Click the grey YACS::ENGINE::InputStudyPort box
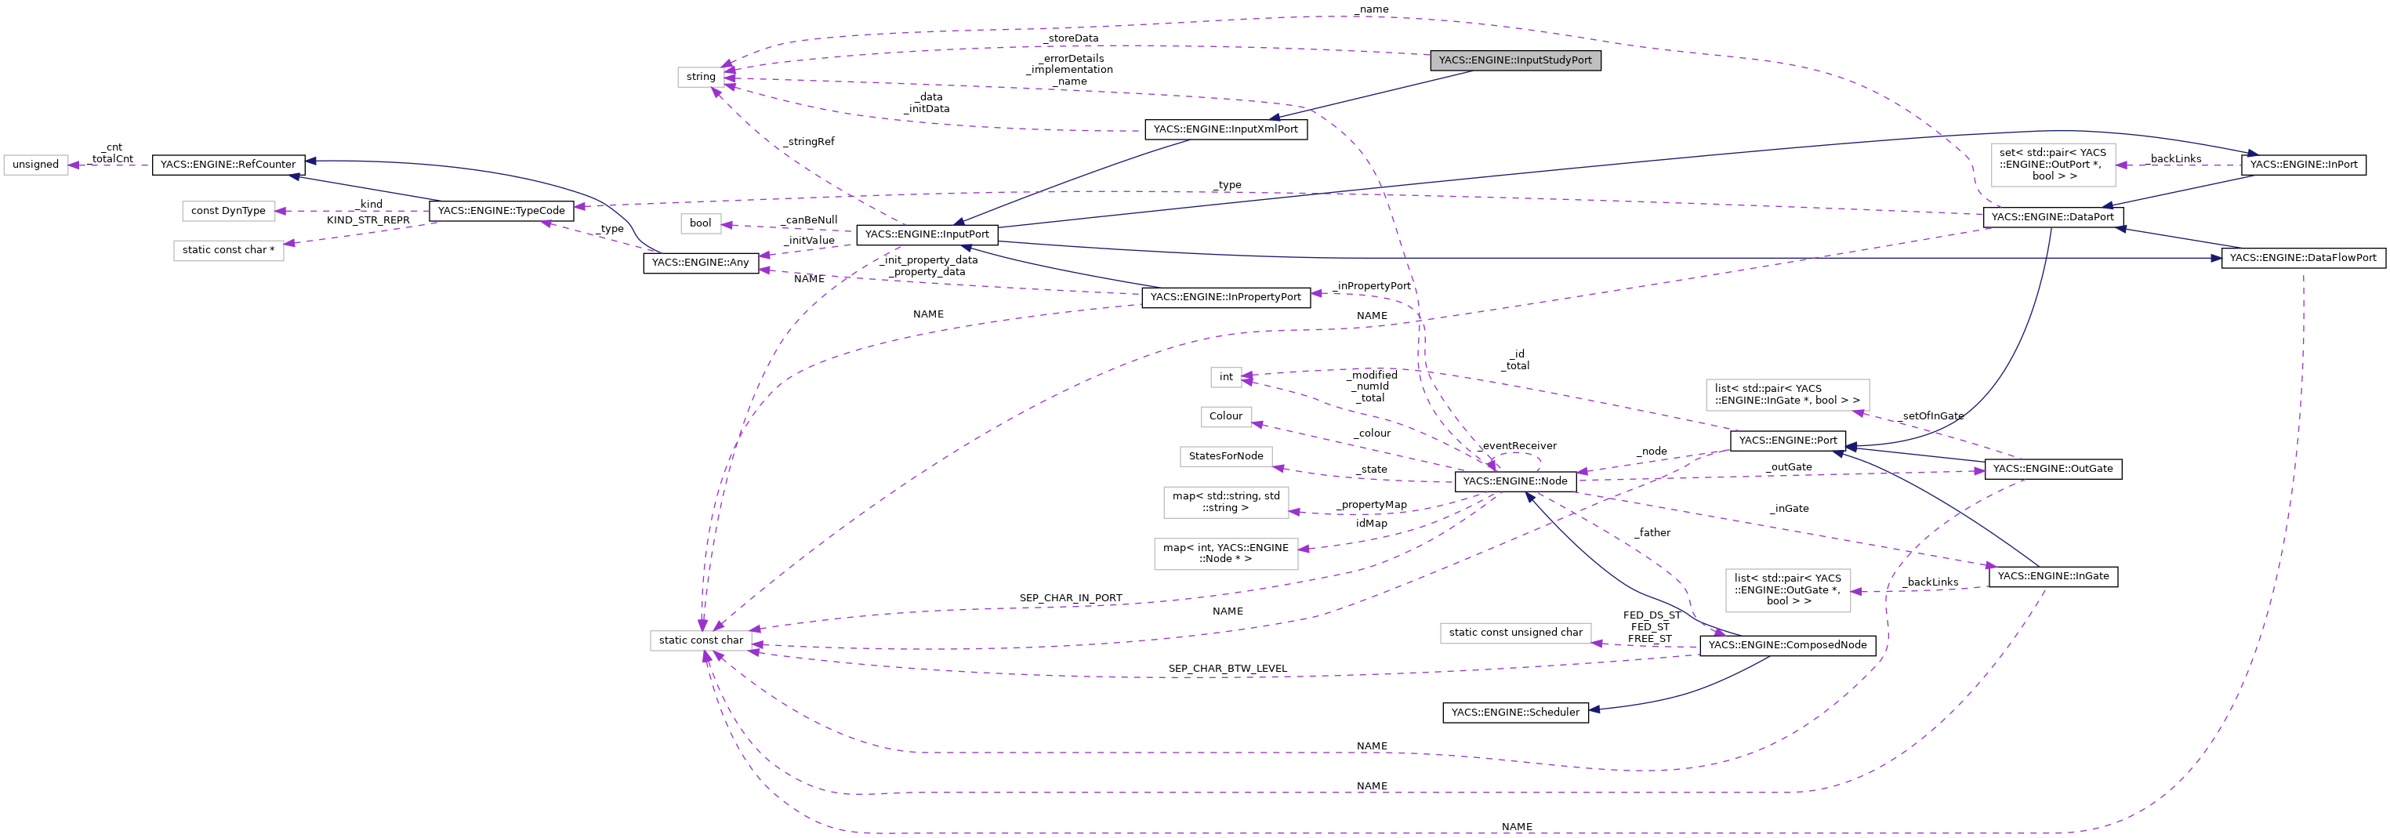tap(1514, 60)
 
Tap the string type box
tap(701, 77)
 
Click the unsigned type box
tap(35, 165)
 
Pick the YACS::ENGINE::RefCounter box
tap(227, 165)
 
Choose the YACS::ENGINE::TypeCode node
tap(501, 211)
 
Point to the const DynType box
tap(227, 211)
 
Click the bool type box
tap(701, 223)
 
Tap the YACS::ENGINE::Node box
tap(1514, 481)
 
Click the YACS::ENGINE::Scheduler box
tap(1514, 712)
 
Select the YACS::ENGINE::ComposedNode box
tap(1787, 645)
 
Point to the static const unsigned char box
tap(1514, 632)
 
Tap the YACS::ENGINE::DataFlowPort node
tap(2302, 257)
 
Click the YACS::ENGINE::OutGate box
tap(2052, 469)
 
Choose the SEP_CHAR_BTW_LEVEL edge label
tap(1227, 668)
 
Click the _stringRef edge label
tap(809, 142)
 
